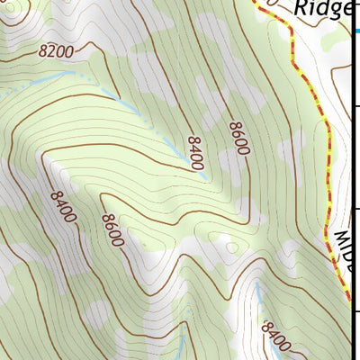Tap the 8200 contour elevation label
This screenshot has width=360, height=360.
56,52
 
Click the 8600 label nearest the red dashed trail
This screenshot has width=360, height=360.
238,138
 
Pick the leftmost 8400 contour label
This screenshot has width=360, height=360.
64,208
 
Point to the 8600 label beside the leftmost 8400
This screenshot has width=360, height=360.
112,230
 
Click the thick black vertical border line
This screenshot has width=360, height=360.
352,180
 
